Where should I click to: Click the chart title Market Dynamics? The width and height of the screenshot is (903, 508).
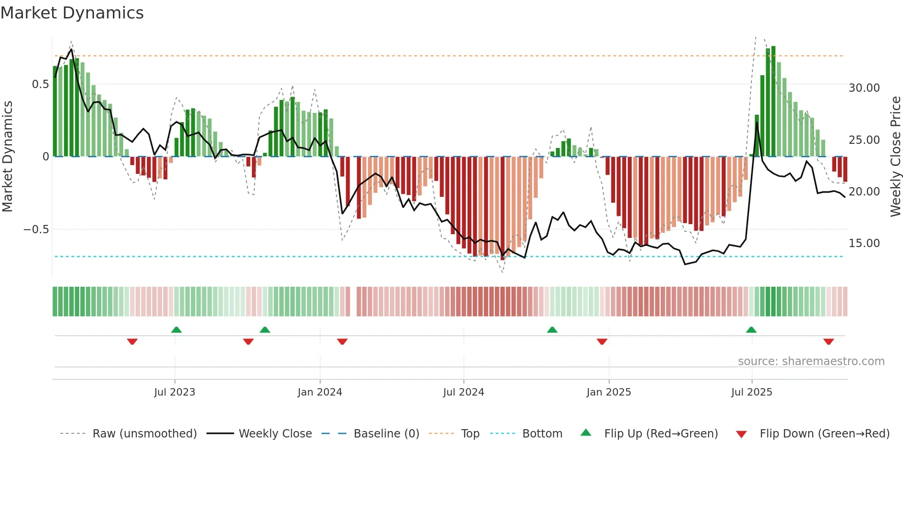[x=72, y=13]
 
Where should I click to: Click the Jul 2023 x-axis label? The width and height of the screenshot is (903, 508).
[x=175, y=392]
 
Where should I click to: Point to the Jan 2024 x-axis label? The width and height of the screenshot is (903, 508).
[x=320, y=392]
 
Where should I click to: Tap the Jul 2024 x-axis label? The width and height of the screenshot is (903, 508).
[x=463, y=392]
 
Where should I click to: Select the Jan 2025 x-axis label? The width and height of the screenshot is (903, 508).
[x=609, y=392]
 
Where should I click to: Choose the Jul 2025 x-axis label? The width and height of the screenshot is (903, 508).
[x=751, y=392]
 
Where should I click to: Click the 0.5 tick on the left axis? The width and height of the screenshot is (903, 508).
[x=40, y=84]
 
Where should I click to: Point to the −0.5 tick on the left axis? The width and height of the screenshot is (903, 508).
[x=36, y=230]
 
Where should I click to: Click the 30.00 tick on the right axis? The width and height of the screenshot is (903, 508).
[x=864, y=88]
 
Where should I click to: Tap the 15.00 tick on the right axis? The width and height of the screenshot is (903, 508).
[x=864, y=243]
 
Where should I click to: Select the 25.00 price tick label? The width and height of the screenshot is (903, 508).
[x=864, y=140]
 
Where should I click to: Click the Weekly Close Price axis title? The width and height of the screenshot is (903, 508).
[x=895, y=157]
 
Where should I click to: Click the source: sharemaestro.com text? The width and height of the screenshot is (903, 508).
[x=811, y=361]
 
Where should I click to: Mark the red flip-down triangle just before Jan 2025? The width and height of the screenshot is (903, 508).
[x=602, y=342]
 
